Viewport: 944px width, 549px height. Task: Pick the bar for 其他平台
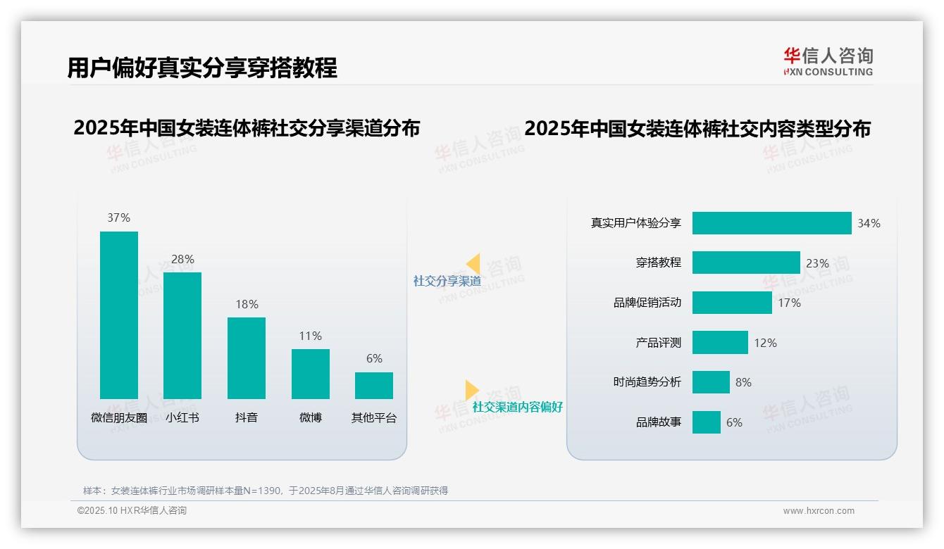pyautogui.click(x=374, y=385)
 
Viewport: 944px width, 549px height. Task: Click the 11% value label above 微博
pyautogui.click(x=310, y=336)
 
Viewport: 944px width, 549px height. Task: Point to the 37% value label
pyautogui.click(x=118, y=217)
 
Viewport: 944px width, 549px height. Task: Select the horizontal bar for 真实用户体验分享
pyautogui.click(x=771, y=223)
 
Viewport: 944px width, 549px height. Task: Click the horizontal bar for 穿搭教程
pyautogui.click(x=746, y=263)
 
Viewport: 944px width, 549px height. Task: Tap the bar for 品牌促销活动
pyautogui.click(x=732, y=303)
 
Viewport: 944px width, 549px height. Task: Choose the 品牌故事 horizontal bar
pyautogui.click(x=706, y=422)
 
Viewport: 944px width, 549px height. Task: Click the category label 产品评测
pyautogui.click(x=658, y=343)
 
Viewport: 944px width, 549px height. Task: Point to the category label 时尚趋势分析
pyautogui.click(x=647, y=382)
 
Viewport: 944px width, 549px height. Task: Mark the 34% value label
pyautogui.click(x=869, y=223)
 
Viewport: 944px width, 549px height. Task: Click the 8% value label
pyautogui.click(x=743, y=382)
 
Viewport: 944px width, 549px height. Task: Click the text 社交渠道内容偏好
pyautogui.click(x=517, y=407)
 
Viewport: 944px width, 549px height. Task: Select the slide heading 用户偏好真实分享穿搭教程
pyautogui.click(x=202, y=68)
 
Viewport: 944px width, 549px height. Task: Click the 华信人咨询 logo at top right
pyautogui.click(x=828, y=61)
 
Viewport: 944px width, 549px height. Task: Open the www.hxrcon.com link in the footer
pyautogui.click(x=819, y=511)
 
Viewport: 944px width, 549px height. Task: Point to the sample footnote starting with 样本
pyautogui.click(x=266, y=491)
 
